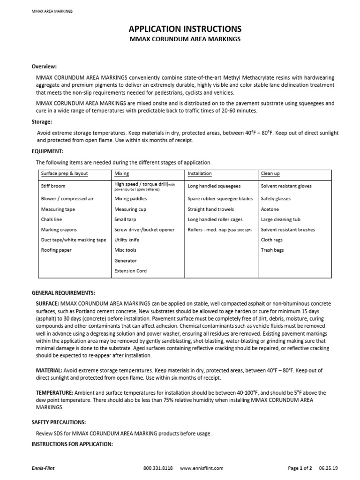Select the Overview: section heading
point(44,66)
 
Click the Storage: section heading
point(42,121)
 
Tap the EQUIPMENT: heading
point(47,151)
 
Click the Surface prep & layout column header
point(64,173)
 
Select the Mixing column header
point(121,173)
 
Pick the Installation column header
point(199,173)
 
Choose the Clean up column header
point(270,173)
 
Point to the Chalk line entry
point(51,219)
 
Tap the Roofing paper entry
point(57,250)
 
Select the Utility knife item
point(127,240)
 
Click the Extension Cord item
point(130,271)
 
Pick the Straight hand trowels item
point(210,209)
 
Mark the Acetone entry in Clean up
point(270,209)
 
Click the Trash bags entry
point(272,250)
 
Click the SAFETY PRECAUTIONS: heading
point(59,422)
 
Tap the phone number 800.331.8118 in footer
point(158,468)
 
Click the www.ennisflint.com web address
point(202,468)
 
